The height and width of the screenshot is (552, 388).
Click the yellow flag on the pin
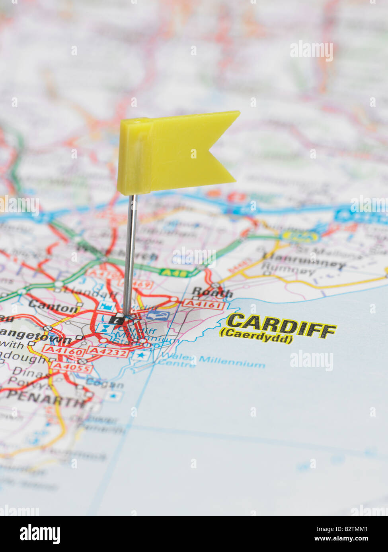(175, 153)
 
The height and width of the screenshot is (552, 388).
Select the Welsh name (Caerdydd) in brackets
(256, 339)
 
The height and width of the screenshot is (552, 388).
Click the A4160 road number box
(64, 351)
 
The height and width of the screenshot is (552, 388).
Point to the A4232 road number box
(108, 351)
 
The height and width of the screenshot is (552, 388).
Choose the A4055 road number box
(72, 368)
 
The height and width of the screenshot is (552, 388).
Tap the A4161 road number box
(203, 305)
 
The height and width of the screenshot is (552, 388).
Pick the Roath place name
(212, 293)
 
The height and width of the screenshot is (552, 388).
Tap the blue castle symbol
(105, 307)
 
